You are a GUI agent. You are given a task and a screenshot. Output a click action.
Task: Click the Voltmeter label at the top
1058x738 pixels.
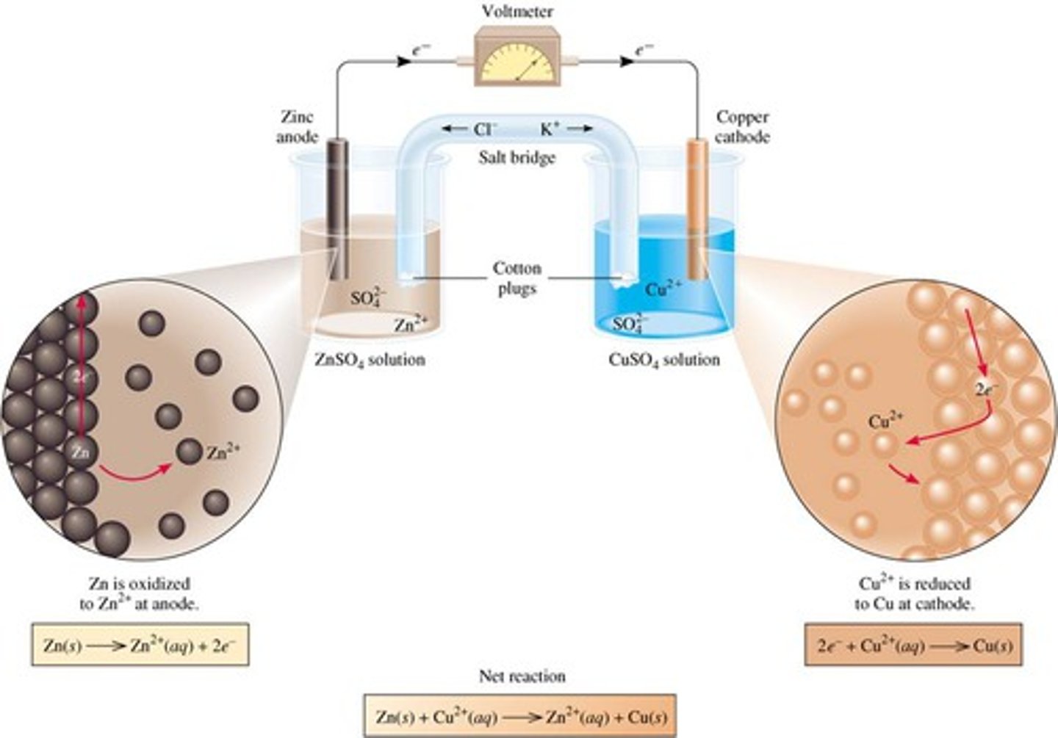coord(517,12)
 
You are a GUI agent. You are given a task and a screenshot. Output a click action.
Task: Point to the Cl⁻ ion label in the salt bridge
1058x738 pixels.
coord(484,129)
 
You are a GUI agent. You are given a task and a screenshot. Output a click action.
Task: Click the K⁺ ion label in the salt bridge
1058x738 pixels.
coord(551,129)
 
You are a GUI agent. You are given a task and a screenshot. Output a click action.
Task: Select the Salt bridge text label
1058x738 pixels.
coord(517,157)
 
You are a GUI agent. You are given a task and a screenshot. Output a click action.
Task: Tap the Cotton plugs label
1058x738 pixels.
coord(517,278)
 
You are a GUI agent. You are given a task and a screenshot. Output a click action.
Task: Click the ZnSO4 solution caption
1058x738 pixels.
coord(370,360)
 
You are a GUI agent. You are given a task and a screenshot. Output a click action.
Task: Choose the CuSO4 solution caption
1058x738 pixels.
coord(664,360)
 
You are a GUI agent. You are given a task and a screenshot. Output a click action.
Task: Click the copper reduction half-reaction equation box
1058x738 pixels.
coord(914,646)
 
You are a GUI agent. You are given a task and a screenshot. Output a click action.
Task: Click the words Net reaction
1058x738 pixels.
coord(522,676)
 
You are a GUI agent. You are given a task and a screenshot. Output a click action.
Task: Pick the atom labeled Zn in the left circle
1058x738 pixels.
coord(81,453)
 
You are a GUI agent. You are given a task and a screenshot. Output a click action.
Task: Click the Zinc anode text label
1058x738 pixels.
coord(297,126)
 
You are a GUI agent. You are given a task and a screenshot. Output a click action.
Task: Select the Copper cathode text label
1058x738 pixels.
coord(742,126)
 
